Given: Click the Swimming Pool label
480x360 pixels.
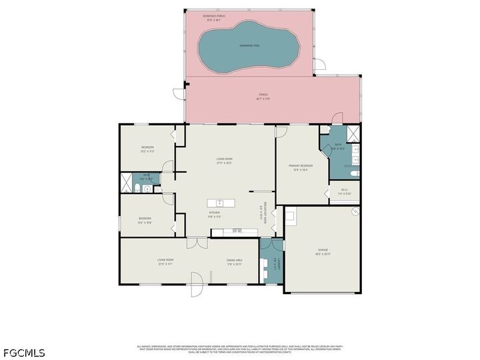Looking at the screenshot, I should (x=250, y=45).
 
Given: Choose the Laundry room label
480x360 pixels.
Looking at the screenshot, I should (x=274, y=267).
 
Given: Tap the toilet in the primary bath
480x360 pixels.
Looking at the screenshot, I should (x=355, y=173).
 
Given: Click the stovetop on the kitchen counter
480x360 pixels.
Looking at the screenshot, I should (x=236, y=231).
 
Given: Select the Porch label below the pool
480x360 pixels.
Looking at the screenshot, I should (x=263, y=95).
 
